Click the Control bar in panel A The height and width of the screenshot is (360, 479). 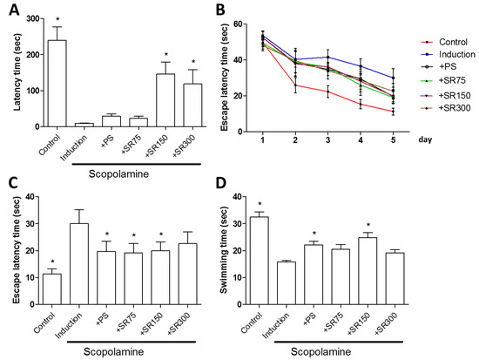(57, 83)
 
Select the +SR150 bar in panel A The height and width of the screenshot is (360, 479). (165, 100)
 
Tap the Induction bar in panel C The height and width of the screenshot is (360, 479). (79, 264)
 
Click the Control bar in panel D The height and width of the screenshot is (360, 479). (260, 261)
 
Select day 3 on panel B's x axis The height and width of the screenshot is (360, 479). (327, 140)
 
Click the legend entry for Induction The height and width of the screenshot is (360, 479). (449, 54)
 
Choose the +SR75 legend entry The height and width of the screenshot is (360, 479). (443, 80)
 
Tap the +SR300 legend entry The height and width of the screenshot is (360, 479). (446, 108)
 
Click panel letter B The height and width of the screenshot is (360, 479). (220, 10)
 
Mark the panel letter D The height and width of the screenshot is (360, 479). (220, 183)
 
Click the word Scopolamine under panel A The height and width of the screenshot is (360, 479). (118, 174)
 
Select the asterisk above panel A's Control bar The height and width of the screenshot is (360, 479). (57, 19)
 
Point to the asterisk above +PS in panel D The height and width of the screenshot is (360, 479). (314, 234)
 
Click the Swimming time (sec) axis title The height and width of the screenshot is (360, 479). (224, 250)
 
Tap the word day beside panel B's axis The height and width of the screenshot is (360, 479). (425, 140)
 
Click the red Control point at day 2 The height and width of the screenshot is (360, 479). (295, 85)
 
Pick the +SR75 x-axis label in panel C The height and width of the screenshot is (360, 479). (125, 323)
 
